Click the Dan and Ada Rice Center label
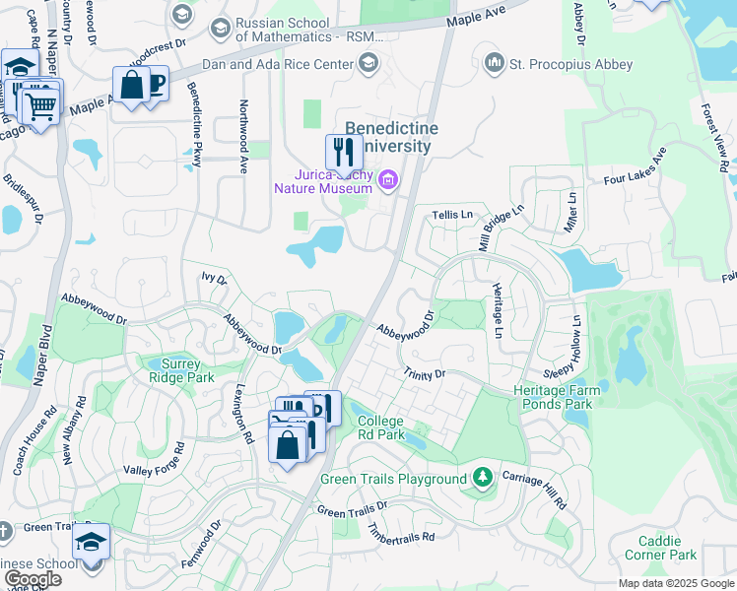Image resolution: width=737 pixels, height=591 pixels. point(277,65)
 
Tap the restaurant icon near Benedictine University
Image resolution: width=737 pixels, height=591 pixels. point(343,152)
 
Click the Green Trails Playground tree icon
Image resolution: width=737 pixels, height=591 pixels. point(482,479)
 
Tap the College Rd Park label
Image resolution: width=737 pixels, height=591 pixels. point(380,427)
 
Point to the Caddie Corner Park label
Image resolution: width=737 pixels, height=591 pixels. point(667,549)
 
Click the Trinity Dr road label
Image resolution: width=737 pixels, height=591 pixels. point(425,374)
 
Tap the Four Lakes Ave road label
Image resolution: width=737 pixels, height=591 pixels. point(636,167)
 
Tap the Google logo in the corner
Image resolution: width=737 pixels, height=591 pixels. point(33,579)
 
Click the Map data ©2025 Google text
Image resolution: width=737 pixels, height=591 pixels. point(675,583)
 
